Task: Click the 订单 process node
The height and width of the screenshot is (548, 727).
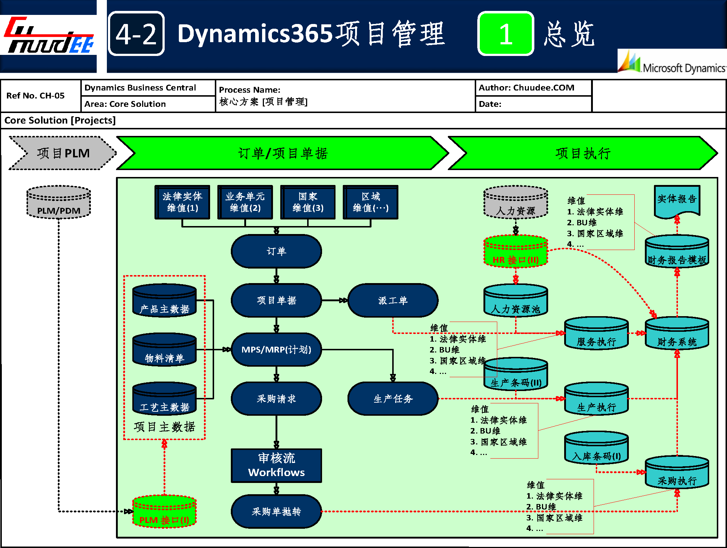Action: [276, 251]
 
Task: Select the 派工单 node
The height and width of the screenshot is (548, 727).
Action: [393, 301]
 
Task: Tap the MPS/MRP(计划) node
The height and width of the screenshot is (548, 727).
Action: [276, 350]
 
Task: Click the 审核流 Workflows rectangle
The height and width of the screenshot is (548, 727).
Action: [276, 466]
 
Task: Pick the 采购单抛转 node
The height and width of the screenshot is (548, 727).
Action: [276, 512]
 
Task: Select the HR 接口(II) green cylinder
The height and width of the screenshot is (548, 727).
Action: [515, 251]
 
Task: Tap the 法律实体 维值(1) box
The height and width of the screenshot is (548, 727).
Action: [182, 202]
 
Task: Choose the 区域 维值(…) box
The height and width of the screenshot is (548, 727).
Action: [370, 202]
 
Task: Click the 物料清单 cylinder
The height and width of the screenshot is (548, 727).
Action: [164, 350]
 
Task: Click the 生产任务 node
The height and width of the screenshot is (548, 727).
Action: [393, 399]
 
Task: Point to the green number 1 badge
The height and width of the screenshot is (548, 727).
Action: [506, 34]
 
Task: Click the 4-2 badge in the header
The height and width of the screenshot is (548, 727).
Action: [136, 34]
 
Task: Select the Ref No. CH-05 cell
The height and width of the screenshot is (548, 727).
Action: [36, 96]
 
